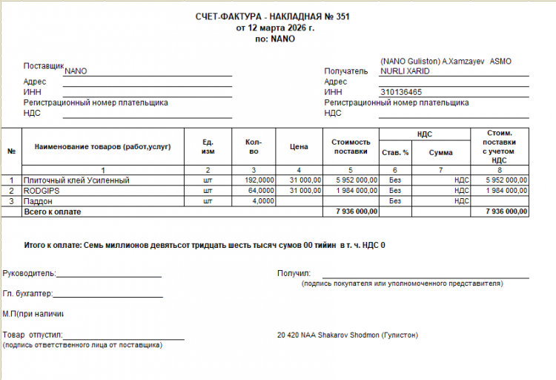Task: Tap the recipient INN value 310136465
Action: click(401, 92)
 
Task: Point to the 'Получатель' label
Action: click(345, 71)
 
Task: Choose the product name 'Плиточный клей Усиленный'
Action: click(76, 180)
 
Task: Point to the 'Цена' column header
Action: click(299, 147)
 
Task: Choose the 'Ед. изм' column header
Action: click(208, 147)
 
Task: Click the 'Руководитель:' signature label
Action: click(29, 273)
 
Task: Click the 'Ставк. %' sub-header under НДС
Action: click(395, 153)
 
